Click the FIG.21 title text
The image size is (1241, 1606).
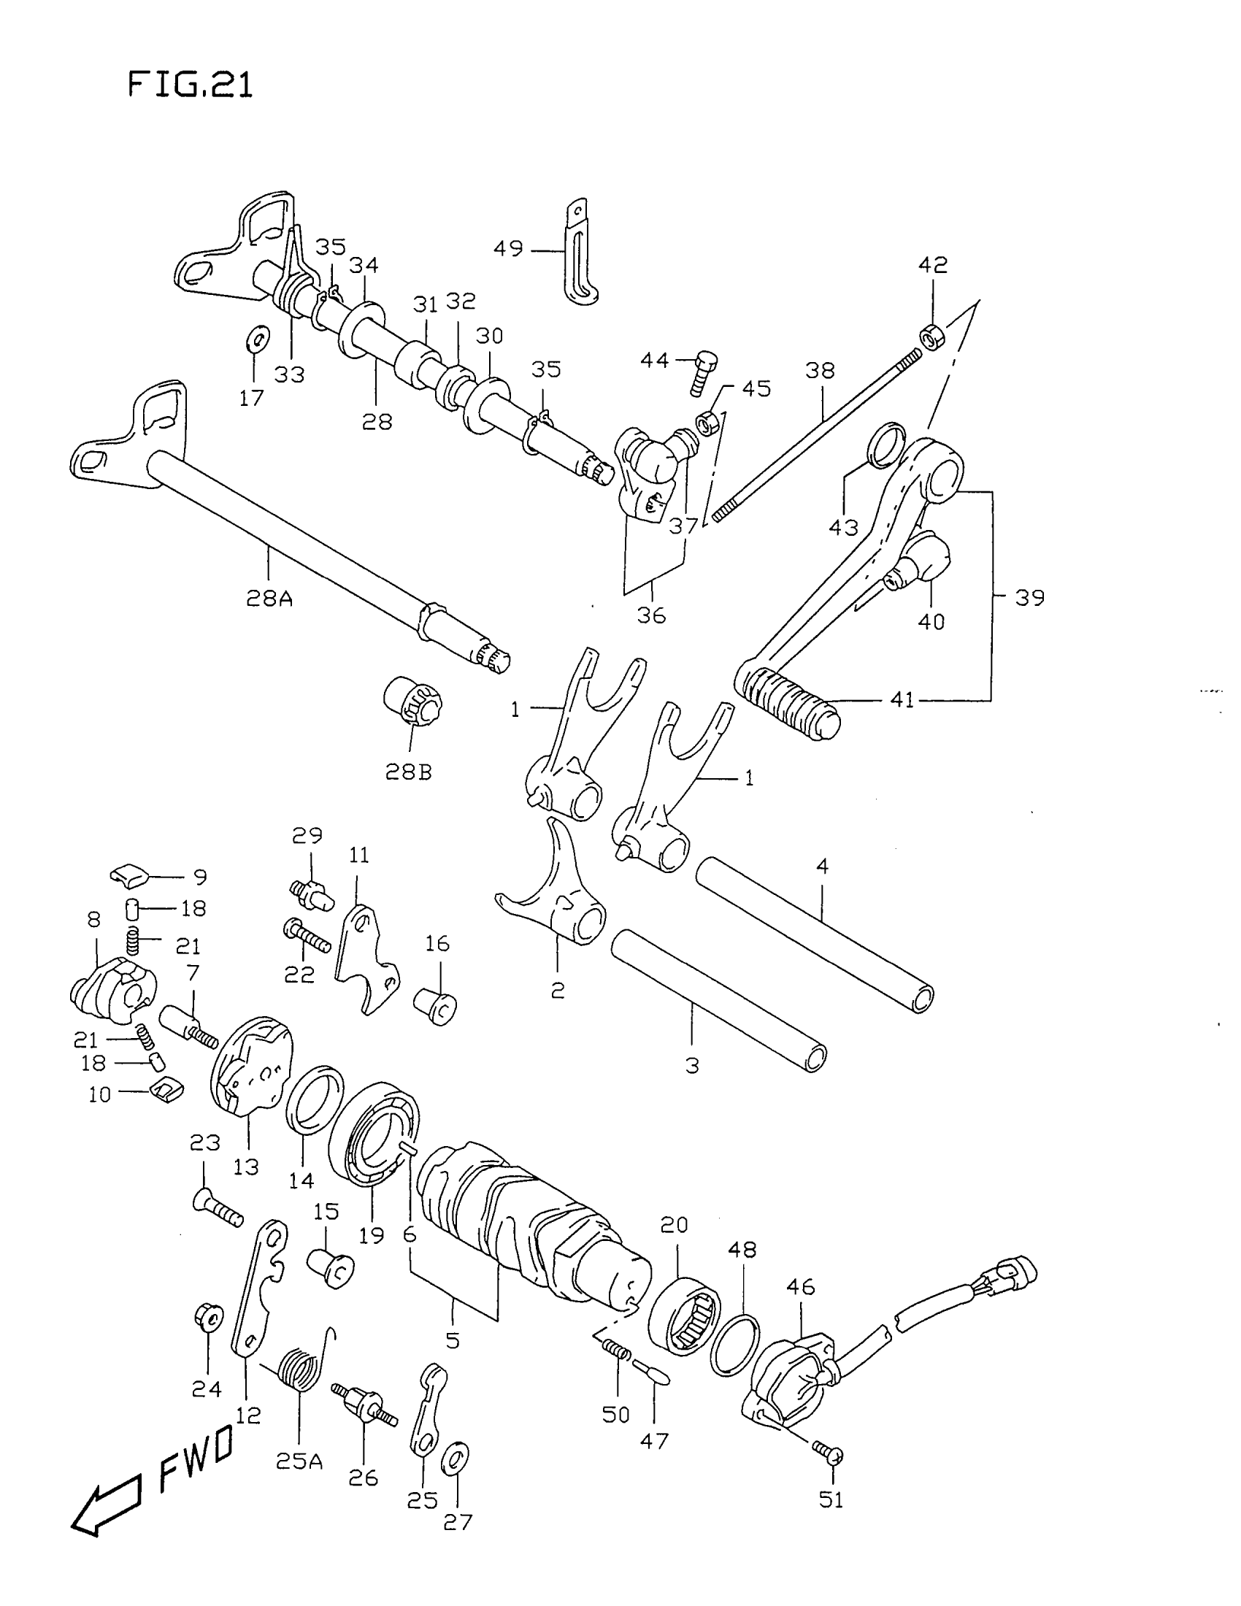191,85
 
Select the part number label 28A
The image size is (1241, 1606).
269,599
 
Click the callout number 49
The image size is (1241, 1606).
508,249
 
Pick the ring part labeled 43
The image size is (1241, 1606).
887,445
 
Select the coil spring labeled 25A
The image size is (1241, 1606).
301,1369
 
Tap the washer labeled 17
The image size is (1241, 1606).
256,339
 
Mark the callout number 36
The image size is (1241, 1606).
651,615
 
